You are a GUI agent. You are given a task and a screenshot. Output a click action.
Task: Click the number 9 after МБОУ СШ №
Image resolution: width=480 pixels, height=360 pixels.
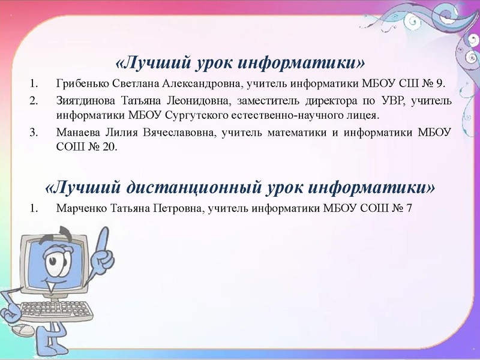point(441,83)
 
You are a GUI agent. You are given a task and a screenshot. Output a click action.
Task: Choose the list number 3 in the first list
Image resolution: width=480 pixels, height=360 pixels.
point(34,131)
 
